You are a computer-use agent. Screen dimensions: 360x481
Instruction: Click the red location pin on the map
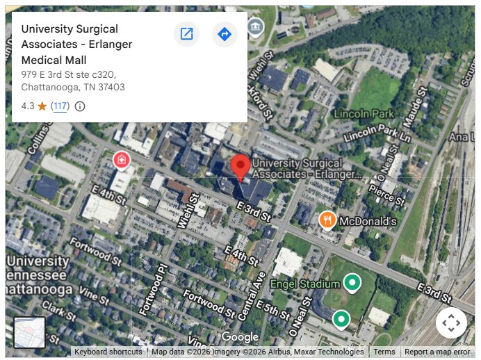(241, 166)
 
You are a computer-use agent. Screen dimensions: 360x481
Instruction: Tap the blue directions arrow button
(224, 33)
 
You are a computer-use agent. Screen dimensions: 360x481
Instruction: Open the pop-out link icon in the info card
(186, 33)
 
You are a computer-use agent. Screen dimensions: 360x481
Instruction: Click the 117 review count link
(60, 106)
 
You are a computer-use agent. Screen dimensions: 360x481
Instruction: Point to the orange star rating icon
(42, 106)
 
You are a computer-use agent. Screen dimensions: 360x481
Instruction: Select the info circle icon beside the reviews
(80, 106)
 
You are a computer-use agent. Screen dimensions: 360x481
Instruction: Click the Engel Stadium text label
(305, 284)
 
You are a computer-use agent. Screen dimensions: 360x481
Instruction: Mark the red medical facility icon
(122, 161)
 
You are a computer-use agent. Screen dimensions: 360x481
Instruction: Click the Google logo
(240, 337)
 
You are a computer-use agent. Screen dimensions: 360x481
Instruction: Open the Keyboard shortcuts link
(108, 352)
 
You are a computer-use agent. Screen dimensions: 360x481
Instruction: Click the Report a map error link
(437, 352)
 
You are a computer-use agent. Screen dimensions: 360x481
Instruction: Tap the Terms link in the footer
(384, 352)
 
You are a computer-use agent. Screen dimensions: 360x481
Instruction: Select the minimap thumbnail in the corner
(29, 332)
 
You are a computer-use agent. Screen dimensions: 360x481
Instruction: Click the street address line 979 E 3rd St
(68, 74)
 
